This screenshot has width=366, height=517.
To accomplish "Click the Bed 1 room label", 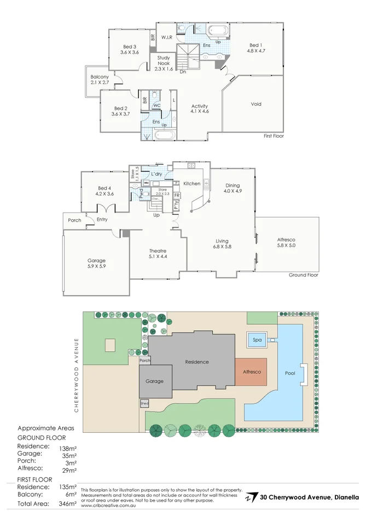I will click(x=255, y=48).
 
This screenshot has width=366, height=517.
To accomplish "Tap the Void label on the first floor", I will click(x=256, y=104).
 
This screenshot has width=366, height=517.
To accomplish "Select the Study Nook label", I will click(x=164, y=63).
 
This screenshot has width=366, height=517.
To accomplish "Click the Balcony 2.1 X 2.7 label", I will click(x=100, y=79).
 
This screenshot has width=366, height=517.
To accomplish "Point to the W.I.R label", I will click(x=167, y=37).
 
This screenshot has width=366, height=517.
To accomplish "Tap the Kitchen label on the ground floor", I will click(x=191, y=184).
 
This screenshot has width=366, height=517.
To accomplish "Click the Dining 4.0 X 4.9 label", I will click(x=233, y=188).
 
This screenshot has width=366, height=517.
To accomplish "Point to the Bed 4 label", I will click(x=104, y=190).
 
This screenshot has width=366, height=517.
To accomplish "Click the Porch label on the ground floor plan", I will click(x=74, y=220).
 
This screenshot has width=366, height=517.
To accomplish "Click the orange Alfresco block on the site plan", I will click(x=251, y=372).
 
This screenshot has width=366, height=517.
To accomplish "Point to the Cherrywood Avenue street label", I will click(x=77, y=375).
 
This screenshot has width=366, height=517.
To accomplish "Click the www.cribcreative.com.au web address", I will click(x=108, y=506).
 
